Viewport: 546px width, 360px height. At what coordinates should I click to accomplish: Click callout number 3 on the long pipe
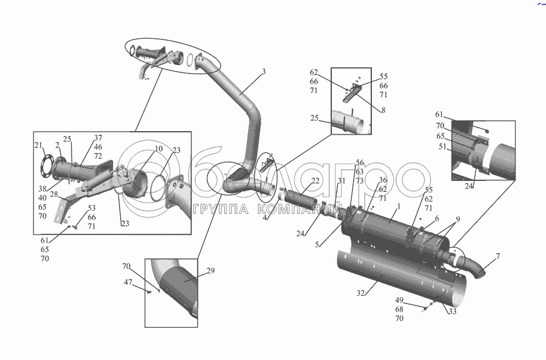coord(263,72)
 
